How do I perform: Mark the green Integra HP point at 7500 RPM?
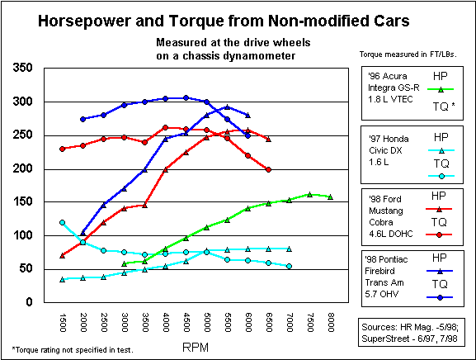click(x=309, y=194)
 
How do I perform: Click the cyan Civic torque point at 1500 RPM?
click(x=63, y=222)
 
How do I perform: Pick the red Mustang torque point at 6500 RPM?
click(x=268, y=169)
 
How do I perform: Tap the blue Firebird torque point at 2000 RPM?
click(x=83, y=119)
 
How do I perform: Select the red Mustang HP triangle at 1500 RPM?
click(x=63, y=255)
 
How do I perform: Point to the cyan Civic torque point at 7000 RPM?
click(x=289, y=266)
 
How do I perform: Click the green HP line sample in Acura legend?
click(x=441, y=88)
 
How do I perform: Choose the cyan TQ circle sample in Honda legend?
click(x=441, y=177)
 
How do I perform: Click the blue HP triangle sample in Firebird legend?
click(x=441, y=270)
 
